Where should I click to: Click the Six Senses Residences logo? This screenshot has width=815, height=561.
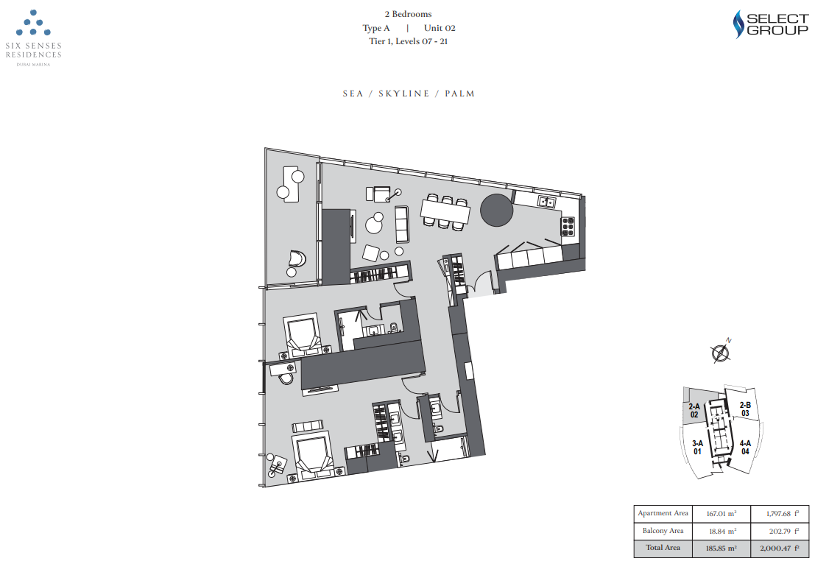click(x=33, y=38)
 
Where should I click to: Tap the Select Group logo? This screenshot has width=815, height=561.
click(x=770, y=24)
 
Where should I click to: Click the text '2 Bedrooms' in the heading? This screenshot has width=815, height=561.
click(x=408, y=14)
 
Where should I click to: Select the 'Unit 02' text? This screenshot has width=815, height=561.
click(x=440, y=28)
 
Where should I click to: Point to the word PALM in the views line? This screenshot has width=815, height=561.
click(x=460, y=93)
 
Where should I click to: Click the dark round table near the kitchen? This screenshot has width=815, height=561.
click(x=496, y=210)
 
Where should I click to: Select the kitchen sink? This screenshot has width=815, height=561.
click(x=547, y=202)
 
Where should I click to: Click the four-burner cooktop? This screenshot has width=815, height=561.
click(x=568, y=226)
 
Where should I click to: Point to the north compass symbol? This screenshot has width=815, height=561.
click(x=721, y=353)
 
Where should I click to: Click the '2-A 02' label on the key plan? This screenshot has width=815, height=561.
click(x=694, y=411)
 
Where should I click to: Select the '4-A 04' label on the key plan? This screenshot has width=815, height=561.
click(x=745, y=447)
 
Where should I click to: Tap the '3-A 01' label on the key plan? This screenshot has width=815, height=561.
click(x=697, y=447)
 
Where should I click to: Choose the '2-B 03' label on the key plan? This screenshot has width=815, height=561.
click(x=745, y=409)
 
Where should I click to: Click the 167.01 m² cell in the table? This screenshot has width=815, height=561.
click(x=721, y=514)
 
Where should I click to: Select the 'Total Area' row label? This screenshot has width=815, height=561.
click(x=663, y=548)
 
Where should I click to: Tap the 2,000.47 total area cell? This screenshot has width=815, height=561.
click(x=779, y=548)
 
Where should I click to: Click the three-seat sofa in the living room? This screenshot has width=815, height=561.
click(x=402, y=224)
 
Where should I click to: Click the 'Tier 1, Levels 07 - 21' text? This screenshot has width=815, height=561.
click(x=408, y=41)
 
